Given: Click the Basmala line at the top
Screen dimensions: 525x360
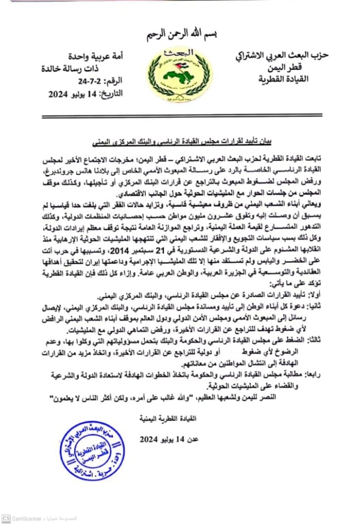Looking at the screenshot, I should point(180,33).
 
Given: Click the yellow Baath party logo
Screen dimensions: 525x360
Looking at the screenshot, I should point(180,74).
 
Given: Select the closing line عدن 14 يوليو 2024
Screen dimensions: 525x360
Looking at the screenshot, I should point(169,439).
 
